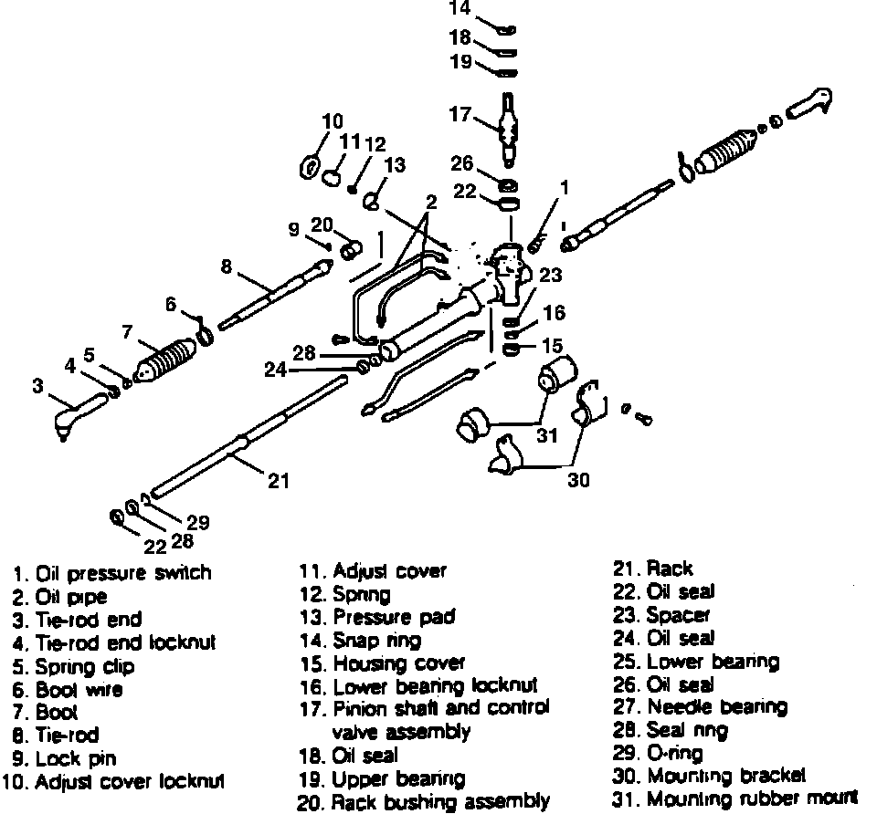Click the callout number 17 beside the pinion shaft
point(460,115)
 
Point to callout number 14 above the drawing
point(460,11)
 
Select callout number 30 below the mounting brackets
point(578,479)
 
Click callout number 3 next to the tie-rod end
point(37,386)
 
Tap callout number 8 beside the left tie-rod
point(227,267)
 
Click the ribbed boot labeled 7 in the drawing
point(165,360)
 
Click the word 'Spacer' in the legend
point(678,615)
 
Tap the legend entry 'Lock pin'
point(76,758)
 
